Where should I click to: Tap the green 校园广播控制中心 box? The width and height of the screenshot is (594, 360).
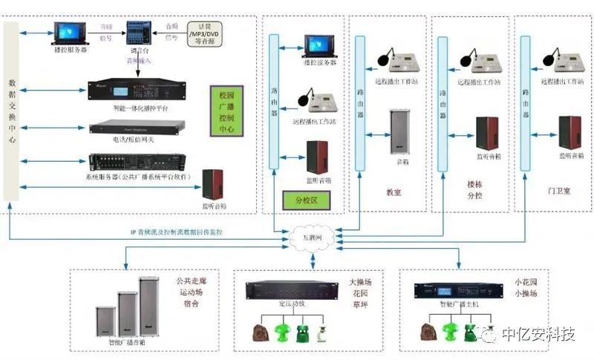226,110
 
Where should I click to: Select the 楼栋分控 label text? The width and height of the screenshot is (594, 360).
475,189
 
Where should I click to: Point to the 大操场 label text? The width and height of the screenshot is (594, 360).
360,283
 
